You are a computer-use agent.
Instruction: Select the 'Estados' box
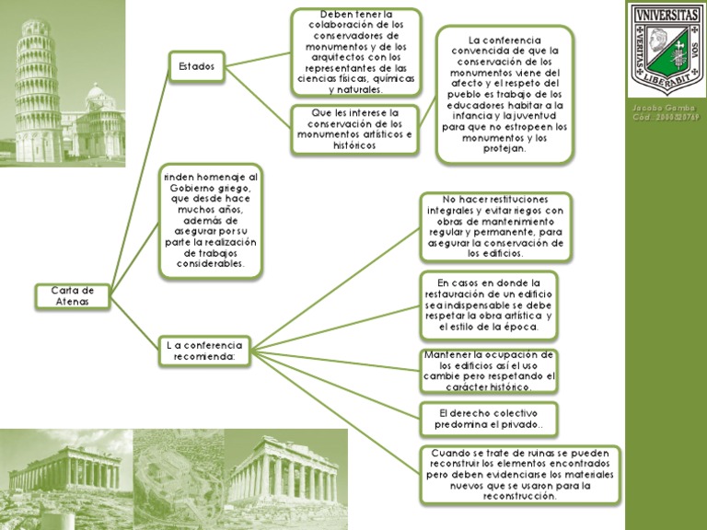tap(197, 66)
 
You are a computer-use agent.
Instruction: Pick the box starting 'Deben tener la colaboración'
tap(355, 52)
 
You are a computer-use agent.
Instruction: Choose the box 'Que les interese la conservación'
tap(355, 129)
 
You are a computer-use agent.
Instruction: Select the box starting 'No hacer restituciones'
tap(495, 226)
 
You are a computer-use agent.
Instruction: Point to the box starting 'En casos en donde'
tap(489, 305)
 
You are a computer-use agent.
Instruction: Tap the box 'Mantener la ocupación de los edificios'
tap(489, 370)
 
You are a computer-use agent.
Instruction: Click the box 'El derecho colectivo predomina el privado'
tap(489, 419)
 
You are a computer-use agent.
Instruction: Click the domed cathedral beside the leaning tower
tap(99, 115)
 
